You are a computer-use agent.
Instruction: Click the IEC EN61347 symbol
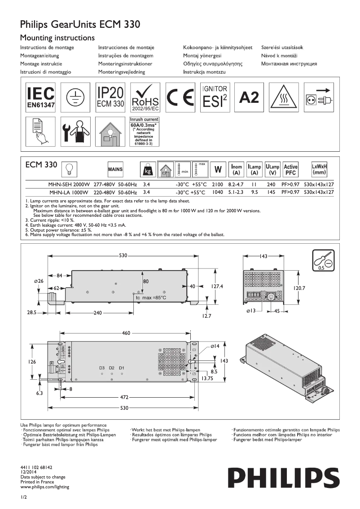tap(40, 97)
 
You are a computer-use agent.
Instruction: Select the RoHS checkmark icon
tap(145, 97)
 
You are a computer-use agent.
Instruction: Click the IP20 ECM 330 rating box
tap(110, 97)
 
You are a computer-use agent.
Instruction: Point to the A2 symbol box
tap(250, 97)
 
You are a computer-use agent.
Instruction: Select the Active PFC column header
tap(291, 169)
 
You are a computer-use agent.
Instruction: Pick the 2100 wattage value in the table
tap(217, 184)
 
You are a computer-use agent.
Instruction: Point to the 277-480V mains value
tap(106, 184)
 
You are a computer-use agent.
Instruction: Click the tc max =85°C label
tap(151, 298)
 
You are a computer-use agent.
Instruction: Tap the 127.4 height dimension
tap(218, 286)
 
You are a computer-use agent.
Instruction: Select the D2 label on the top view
tap(111, 368)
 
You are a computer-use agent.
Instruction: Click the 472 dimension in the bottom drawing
tap(125, 397)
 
